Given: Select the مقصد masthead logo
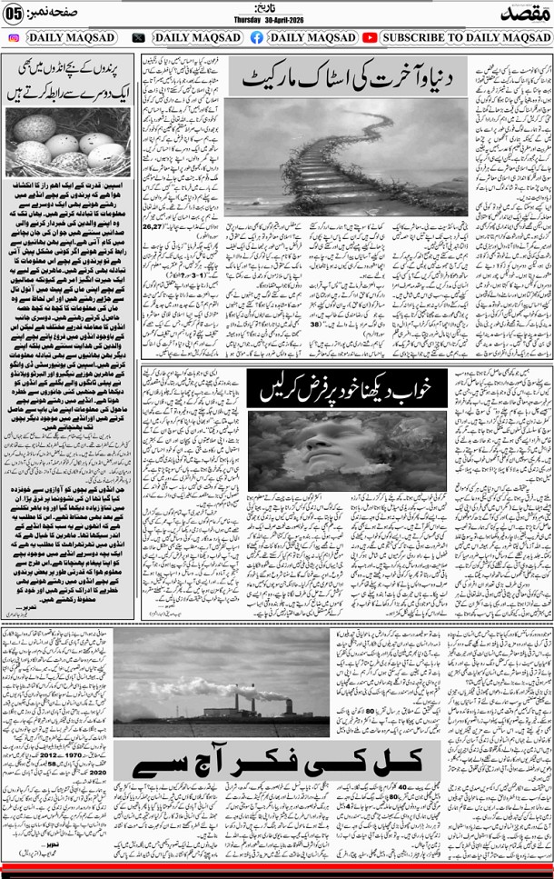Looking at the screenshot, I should tap(522, 13).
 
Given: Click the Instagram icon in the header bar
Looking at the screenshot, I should tap(13, 38).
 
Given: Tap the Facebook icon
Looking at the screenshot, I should tap(257, 38).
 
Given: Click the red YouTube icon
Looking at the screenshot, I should tap(370, 38).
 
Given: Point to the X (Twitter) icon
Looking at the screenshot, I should tap(139, 38).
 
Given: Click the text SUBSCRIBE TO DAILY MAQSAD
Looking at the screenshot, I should tap(466, 38).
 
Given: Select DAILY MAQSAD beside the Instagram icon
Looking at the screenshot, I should tap(71, 38).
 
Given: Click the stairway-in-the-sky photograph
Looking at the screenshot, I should tap(346, 156).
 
